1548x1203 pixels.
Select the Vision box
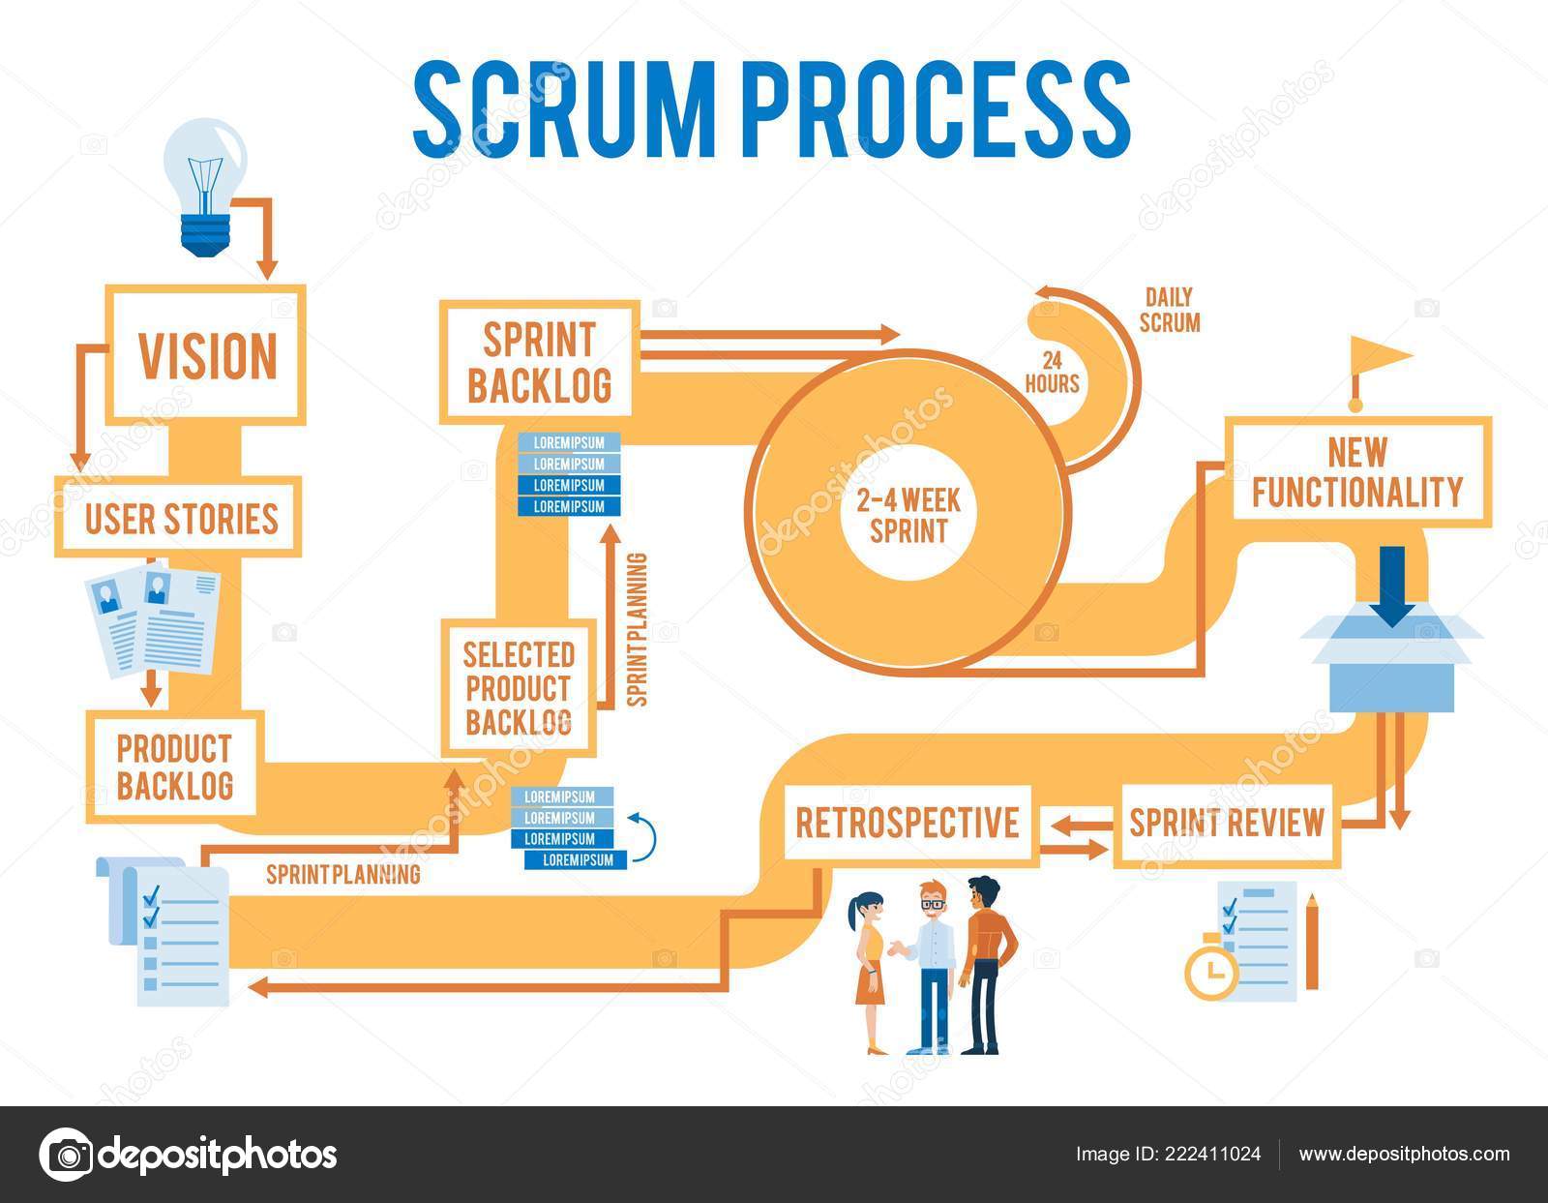(x=206, y=354)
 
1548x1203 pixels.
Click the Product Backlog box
(x=174, y=765)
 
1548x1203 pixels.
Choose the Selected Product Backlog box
(x=518, y=688)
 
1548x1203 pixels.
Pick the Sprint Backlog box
(x=540, y=362)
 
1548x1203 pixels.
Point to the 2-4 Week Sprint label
(x=908, y=516)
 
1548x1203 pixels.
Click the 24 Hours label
(x=1053, y=372)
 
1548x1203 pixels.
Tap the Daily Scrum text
(x=1169, y=310)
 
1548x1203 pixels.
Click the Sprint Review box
(x=1226, y=822)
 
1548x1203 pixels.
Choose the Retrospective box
(x=908, y=822)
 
